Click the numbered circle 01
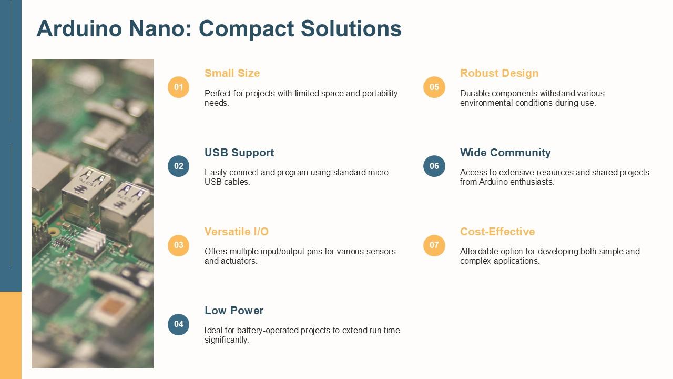(178, 87)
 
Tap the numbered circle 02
(178, 166)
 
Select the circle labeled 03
(178, 245)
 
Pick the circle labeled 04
(178, 324)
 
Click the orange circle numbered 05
(434, 87)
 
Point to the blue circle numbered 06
(434, 166)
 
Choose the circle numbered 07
(434, 245)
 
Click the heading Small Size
(232, 73)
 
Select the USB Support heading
(239, 153)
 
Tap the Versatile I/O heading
(237, 232)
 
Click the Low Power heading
(234, 311)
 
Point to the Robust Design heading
(499, 73)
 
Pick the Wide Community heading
(505, 153)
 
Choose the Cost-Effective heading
(497, 232)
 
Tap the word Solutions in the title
(351, 28)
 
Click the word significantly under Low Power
(227, 340)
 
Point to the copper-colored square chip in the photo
(112, 307)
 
